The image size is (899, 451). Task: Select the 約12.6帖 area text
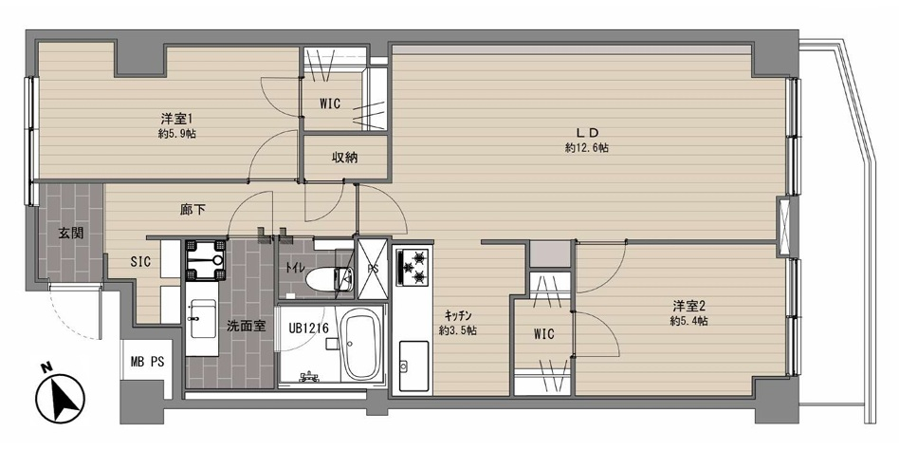586,148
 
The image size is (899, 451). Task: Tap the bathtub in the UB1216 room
360,345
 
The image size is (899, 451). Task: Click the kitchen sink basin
414,366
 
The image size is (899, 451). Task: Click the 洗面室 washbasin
201,319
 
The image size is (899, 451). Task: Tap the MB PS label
147,362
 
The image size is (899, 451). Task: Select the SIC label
140,262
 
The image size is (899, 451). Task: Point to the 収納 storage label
344,158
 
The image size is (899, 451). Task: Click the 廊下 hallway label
193,210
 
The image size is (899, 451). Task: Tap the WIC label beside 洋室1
330,103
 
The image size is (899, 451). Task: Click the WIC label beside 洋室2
543,333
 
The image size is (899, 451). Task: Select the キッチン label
458,314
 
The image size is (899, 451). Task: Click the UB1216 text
308,329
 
